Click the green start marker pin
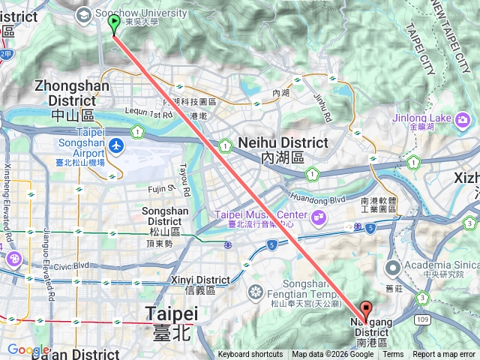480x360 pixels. pyautogui.click(x=114, y=25)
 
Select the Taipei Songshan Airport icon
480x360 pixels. pyautogui.click(x=115, y=144)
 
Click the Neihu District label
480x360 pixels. pyautogui.click(x=283, y=142)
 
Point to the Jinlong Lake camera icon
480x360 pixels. pyautogui.click(x=463, y=118)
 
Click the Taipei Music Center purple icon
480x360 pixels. pyautogui.click(x=319, y=217)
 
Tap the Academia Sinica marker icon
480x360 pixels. pyautogui.click(x=392, y=268)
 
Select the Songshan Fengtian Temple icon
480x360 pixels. pyautogui.click(x=256, y=291)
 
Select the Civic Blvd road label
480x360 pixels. pyautogui.click(x=71, y=265)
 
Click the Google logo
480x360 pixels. pyautogui.click(x=28, y=349)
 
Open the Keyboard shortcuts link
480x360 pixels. pyautogui.click(x=250, y=355)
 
